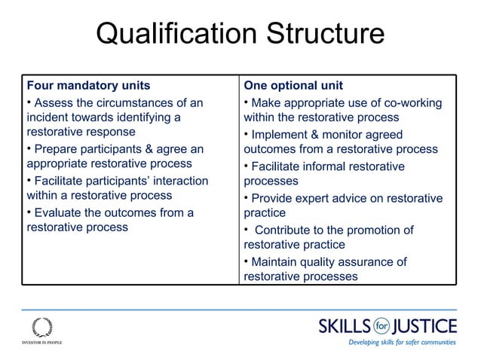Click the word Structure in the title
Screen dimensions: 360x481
(x=320, y=35)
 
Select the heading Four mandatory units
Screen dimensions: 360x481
(x=88, y=85)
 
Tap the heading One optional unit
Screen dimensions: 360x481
(x=293, y=85)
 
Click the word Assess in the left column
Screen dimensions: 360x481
(x=54, y=102)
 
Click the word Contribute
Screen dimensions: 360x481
(x=290, y=230)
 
